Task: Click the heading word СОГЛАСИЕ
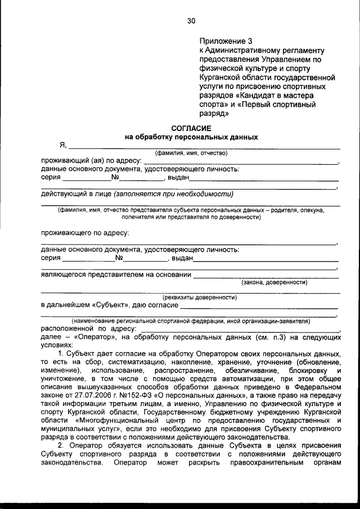(x=191, y=128)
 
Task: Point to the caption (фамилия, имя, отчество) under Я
(x=191, y=153)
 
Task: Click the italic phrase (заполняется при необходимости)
(x=173, y=194)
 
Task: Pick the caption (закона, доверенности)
(x=274, y=283)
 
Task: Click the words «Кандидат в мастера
(x=268, y=96)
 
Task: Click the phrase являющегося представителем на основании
(x=115, y=275)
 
